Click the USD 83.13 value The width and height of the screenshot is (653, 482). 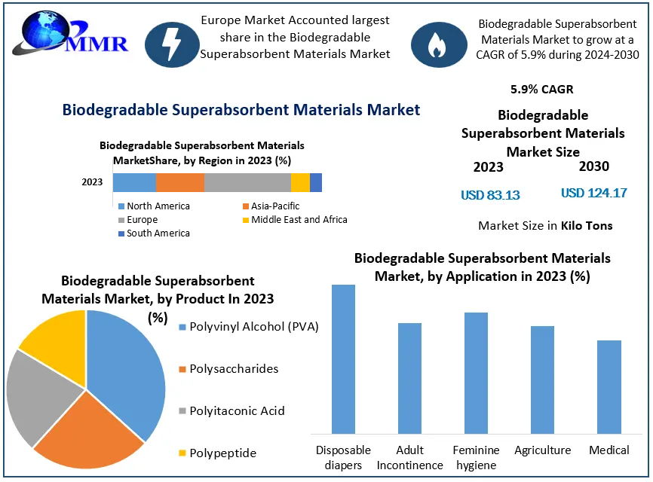tap(490, 195)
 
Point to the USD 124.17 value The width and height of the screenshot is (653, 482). tap(594, 193)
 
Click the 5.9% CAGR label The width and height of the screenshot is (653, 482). tap(541, 89)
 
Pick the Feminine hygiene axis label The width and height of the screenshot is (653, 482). tap(476, 457)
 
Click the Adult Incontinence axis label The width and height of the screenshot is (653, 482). tap(409, 457)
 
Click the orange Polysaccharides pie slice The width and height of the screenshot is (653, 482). tap(89, 429)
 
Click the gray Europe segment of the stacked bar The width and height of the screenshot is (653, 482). tap(247, 182)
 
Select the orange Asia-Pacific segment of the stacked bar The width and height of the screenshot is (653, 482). tap(180, 182)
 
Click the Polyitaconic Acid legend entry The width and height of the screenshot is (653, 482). tap(237, 411)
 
